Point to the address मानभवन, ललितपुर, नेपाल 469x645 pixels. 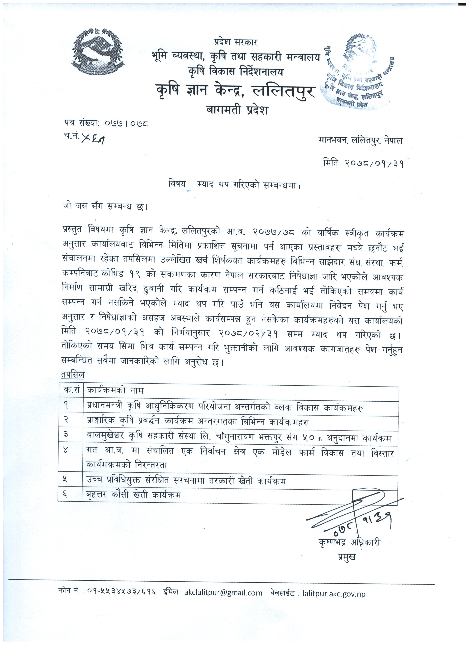(360, 140)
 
